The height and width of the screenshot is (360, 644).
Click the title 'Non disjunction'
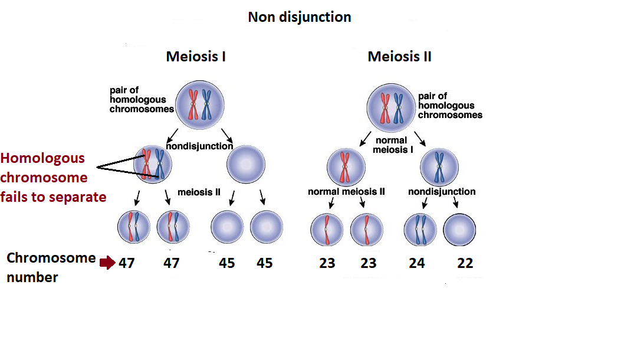299,17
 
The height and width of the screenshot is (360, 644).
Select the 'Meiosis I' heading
196,57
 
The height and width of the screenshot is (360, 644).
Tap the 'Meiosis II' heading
399,57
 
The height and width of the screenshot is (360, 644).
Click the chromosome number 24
417,263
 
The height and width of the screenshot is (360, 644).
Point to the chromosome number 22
465,263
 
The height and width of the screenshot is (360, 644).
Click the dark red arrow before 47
107,263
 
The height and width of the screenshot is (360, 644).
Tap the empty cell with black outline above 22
459,229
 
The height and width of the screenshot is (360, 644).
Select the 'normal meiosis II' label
346,191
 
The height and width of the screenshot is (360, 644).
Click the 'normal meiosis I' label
391,145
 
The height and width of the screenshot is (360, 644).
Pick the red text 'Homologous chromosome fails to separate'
53,177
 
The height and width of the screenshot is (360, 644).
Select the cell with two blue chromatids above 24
420,229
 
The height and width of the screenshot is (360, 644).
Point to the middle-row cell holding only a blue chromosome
439,166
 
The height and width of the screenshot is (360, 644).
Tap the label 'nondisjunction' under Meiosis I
199,146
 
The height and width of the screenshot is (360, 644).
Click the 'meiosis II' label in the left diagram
199,192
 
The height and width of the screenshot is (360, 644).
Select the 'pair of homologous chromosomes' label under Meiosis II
450,105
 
